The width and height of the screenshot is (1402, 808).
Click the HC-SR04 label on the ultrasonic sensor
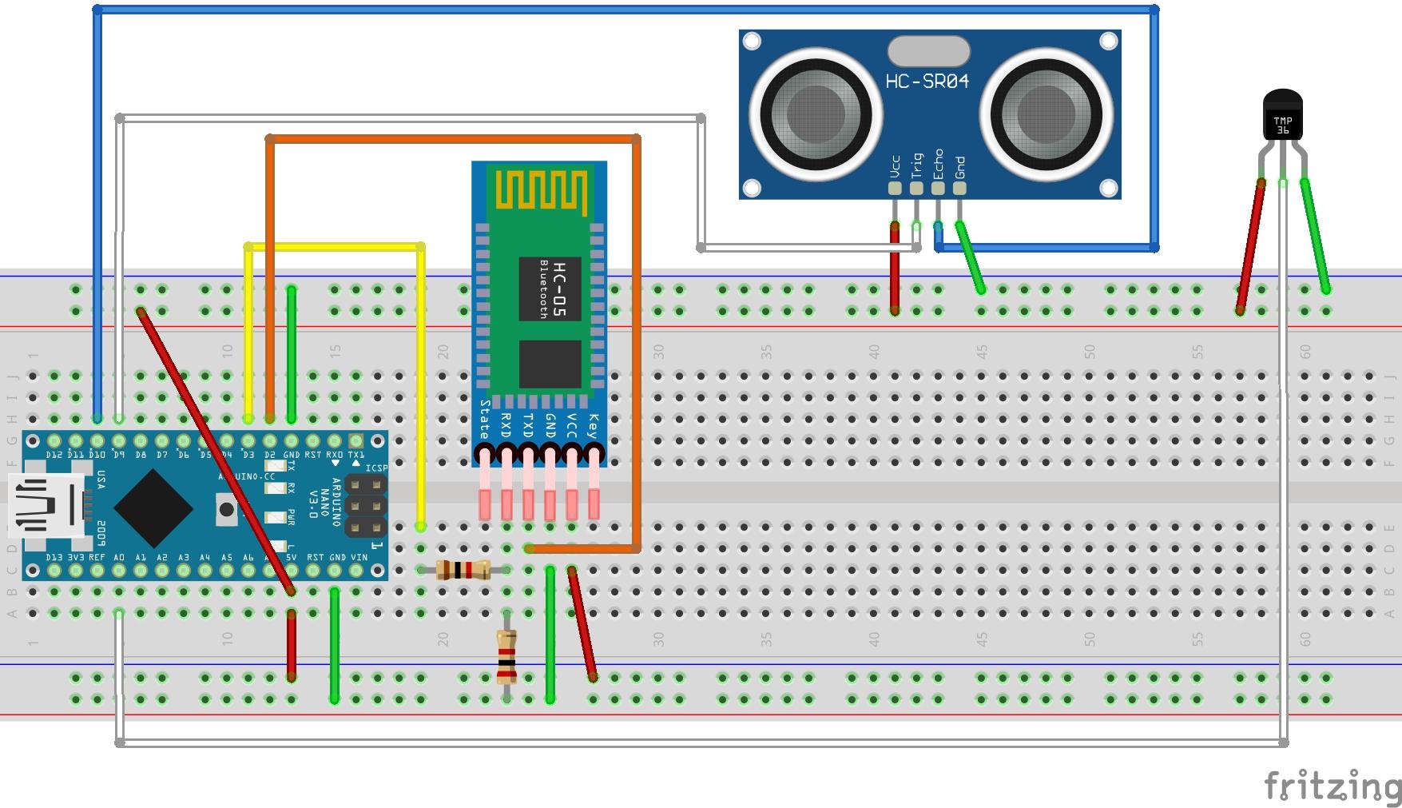tap(927, 82)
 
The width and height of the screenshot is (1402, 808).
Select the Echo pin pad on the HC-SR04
tap(938, 189)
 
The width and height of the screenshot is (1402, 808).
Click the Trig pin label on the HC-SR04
tap(916, 165)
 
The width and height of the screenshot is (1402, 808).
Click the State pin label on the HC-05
tap(484, 420)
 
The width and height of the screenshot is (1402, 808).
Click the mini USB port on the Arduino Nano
tap(46, 505)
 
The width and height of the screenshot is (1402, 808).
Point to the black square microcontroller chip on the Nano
tap(153, 507)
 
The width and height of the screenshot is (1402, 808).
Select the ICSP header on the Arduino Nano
tap(366, 507)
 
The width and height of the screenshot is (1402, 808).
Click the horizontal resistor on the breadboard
tap(463, 570)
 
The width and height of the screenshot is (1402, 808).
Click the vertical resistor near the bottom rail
tap(506, 657)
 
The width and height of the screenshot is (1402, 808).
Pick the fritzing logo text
tap(1332, 786)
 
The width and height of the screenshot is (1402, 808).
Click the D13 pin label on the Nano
tap(54, 557)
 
